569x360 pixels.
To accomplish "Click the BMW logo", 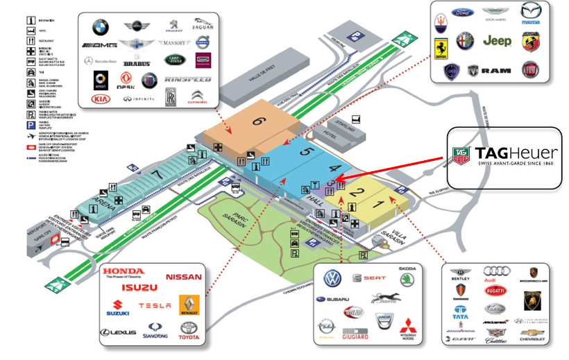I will tap(101, 28).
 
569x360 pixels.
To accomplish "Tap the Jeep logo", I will tap(497, 41).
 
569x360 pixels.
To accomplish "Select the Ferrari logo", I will tap(440, 47).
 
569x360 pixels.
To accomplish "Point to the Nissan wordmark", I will tap(183, 277).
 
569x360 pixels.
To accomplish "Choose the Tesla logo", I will tap(154, 305).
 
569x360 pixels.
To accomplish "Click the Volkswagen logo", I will tap(333, 279).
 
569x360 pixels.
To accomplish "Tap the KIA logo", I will tap(101, 99).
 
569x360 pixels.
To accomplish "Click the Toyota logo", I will tap(188, 329).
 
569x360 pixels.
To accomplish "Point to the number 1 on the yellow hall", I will tap(376, 205).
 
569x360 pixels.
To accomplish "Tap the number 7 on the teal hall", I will tap(158, 173).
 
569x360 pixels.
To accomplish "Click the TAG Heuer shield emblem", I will tap(460, 155).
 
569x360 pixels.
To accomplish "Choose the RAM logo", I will tap(497, 70).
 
